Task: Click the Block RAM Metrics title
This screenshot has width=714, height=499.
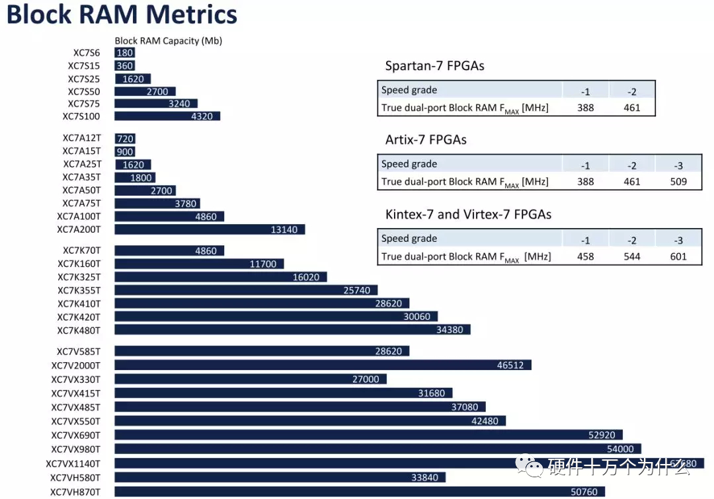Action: coord(122,15)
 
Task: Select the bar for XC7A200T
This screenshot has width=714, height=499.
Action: coord(210,229)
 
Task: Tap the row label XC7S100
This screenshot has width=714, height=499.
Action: coord(81,116)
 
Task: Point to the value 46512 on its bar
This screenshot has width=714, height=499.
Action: coord(510,365)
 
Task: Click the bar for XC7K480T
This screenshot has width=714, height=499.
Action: coord(292,329)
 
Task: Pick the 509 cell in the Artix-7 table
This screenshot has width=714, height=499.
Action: coord(678,182)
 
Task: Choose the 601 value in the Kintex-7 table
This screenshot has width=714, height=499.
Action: coord(678,256)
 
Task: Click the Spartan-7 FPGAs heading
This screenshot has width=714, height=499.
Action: coord(434,66)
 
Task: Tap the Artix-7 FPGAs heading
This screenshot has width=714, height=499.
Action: coord(426,140)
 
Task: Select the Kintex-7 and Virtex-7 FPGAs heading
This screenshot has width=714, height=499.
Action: coord(468,214)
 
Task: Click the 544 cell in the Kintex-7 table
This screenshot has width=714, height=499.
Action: coord(632,256)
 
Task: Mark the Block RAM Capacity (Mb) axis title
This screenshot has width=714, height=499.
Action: coord(169,41)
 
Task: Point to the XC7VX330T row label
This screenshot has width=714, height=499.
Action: coord(76,379)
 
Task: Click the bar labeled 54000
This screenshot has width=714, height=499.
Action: coord(377,449)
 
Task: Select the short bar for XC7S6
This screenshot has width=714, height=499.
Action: coord(125,53)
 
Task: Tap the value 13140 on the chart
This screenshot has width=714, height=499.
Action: coord(284,229)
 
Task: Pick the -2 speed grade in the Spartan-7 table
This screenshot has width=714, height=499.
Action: coord(632,91)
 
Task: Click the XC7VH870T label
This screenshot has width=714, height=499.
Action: coord(75,492)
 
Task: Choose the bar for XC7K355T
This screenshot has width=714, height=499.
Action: coord(246,289)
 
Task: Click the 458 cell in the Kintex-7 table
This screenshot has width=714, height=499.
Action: coord(586,256)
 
